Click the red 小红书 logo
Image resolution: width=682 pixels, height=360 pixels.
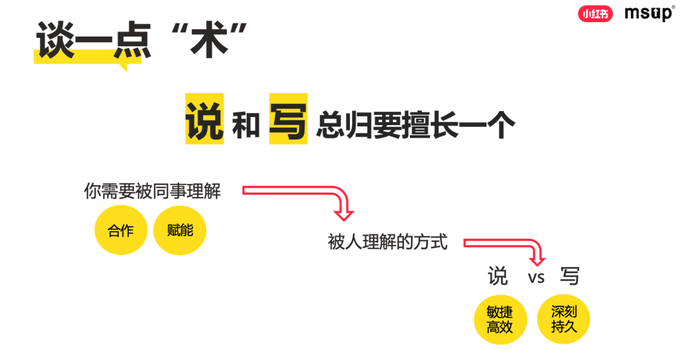pyautogui.click(x=595, y=13)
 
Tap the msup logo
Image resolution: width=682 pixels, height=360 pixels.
pyautogui.click(x=649, y=13)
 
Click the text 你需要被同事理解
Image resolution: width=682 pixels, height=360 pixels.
pyautogui.click(x=153, y=191)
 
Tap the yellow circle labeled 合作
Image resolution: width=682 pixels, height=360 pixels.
pyautogui.click(x=121, y=231)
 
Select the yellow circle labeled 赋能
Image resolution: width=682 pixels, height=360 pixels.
pyautogui.click(x=180, y=231)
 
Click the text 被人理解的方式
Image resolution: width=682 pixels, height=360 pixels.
pyautogui.click(x=388, y=242)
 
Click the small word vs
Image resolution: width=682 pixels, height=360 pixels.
pyautogui.click(x=536, y=277)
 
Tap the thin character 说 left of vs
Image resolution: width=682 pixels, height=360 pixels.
pyautogui.click(x=498, y=277)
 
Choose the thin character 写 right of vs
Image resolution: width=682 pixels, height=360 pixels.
pyautogui.click(x=569, y=277)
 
